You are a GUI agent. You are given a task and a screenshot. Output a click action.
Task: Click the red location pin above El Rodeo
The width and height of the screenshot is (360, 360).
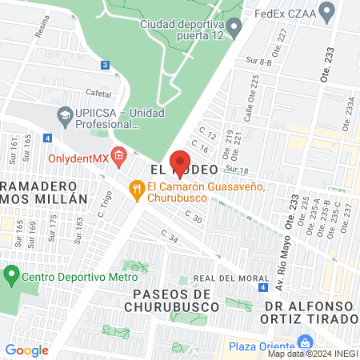point(180,159)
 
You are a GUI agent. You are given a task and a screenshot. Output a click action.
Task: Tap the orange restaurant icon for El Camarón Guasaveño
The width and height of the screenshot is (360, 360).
point(138,188)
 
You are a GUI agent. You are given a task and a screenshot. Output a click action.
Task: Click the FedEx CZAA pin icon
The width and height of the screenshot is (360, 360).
point(326,12)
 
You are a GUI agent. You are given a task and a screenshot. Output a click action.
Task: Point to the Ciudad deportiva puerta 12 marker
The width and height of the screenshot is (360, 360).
point(234,30)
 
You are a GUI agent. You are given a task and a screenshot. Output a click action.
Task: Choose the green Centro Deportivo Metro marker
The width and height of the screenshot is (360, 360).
point(11,277)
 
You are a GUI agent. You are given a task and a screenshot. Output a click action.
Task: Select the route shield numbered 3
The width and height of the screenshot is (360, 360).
point(106,65)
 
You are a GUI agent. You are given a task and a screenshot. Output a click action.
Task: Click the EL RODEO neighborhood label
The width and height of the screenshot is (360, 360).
point(179,171)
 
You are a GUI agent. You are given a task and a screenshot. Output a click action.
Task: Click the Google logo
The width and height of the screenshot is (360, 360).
point(27,350)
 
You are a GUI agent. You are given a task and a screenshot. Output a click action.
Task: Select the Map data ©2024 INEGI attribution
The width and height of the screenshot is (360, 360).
point(311,354)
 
